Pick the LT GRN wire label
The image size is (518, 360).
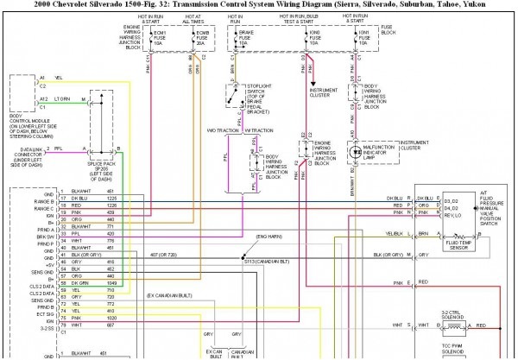click(62, 100)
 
